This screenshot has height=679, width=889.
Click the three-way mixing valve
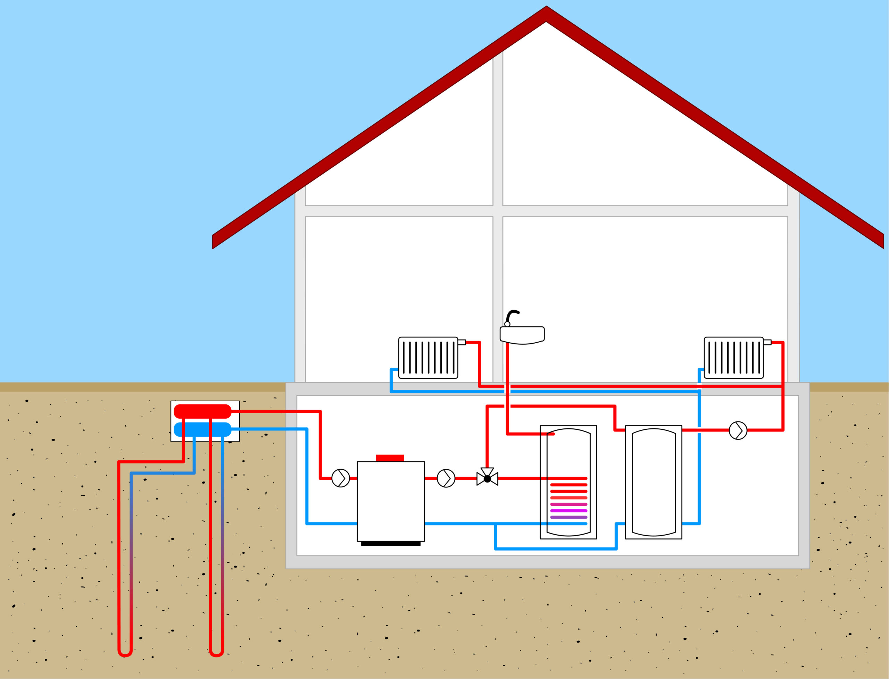487,479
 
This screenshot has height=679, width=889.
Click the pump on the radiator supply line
738,430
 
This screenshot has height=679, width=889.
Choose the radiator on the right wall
733,358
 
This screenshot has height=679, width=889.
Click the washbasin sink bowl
522,335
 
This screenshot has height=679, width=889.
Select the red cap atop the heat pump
390,458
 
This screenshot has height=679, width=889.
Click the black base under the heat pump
391,544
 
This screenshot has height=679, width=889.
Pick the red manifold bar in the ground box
202,411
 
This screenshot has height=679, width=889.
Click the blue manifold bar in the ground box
202,430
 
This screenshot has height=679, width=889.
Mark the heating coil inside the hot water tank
568,501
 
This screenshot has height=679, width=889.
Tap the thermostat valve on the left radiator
462,342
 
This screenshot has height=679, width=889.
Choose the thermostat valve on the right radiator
767,342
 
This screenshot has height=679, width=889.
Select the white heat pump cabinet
391,501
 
